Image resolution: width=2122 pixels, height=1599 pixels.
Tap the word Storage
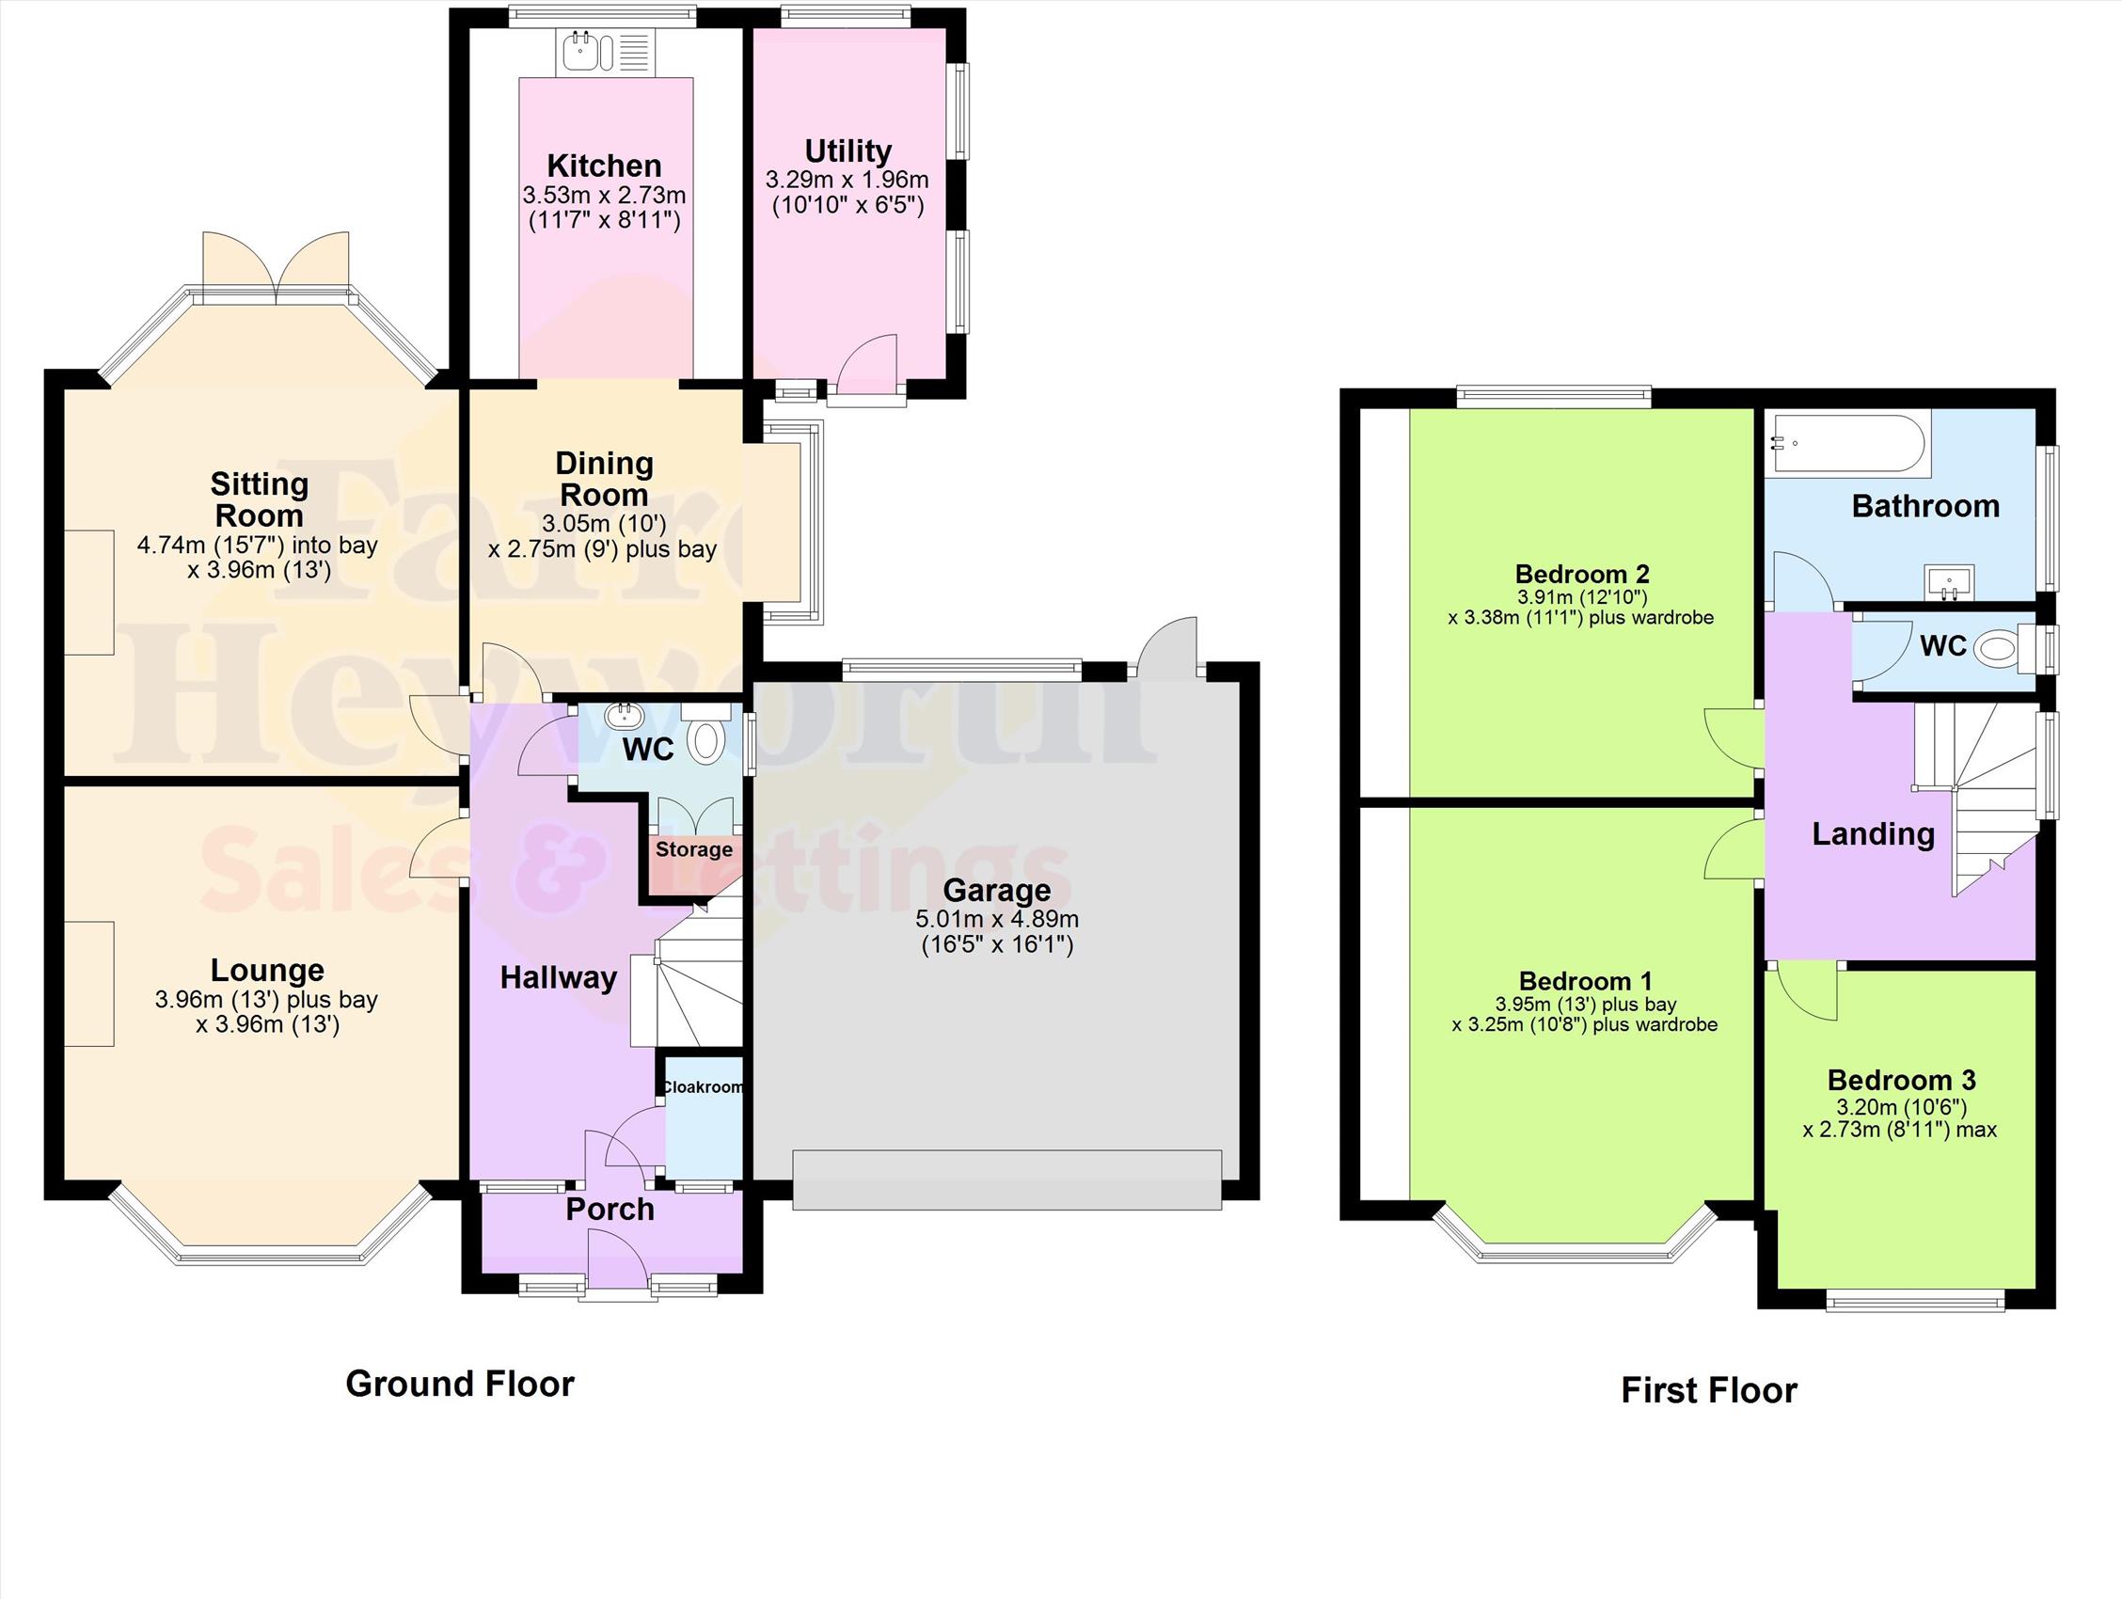point(693,850)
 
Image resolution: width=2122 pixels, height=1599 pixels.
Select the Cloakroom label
point(705,1086)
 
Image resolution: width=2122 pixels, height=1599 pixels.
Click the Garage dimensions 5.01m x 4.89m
point(997,919)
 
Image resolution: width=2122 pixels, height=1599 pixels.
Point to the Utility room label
point(848,151)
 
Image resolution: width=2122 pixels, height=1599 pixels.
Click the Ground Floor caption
point(460,1385)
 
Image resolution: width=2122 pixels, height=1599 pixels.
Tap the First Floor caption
point(1708,1391)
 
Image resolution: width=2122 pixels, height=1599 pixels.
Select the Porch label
point(610,1210)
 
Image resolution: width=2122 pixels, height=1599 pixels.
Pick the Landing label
point(1873,834)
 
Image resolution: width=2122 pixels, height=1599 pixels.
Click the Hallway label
point(559,978)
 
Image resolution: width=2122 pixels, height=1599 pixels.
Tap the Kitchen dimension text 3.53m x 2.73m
point(605,196)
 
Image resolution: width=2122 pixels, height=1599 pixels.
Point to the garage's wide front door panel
point(1007,1179)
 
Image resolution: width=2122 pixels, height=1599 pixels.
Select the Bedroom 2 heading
point(1582,574)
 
